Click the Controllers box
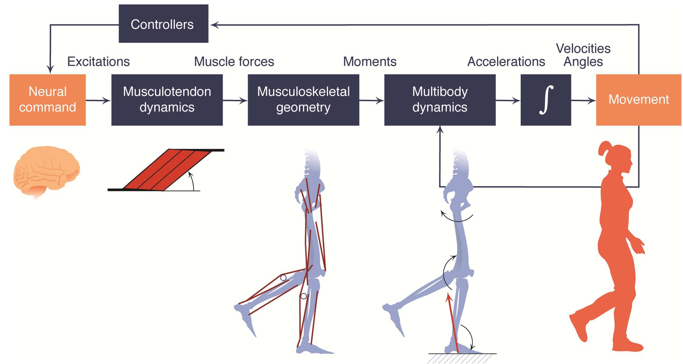point(163,24)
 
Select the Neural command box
point(47,100)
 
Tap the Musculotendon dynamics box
point(167,100)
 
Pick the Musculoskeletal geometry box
point(303,100)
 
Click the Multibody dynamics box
point(439,100)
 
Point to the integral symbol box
point(545,100)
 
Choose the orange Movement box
point(638,100)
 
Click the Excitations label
point(99,62)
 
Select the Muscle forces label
point(234,62)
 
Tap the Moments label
point(370,62)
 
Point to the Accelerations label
point(506,62)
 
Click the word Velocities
point(583,49)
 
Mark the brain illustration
point(46,170)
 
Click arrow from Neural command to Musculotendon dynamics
point(98,100)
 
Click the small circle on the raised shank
point(283,278)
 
